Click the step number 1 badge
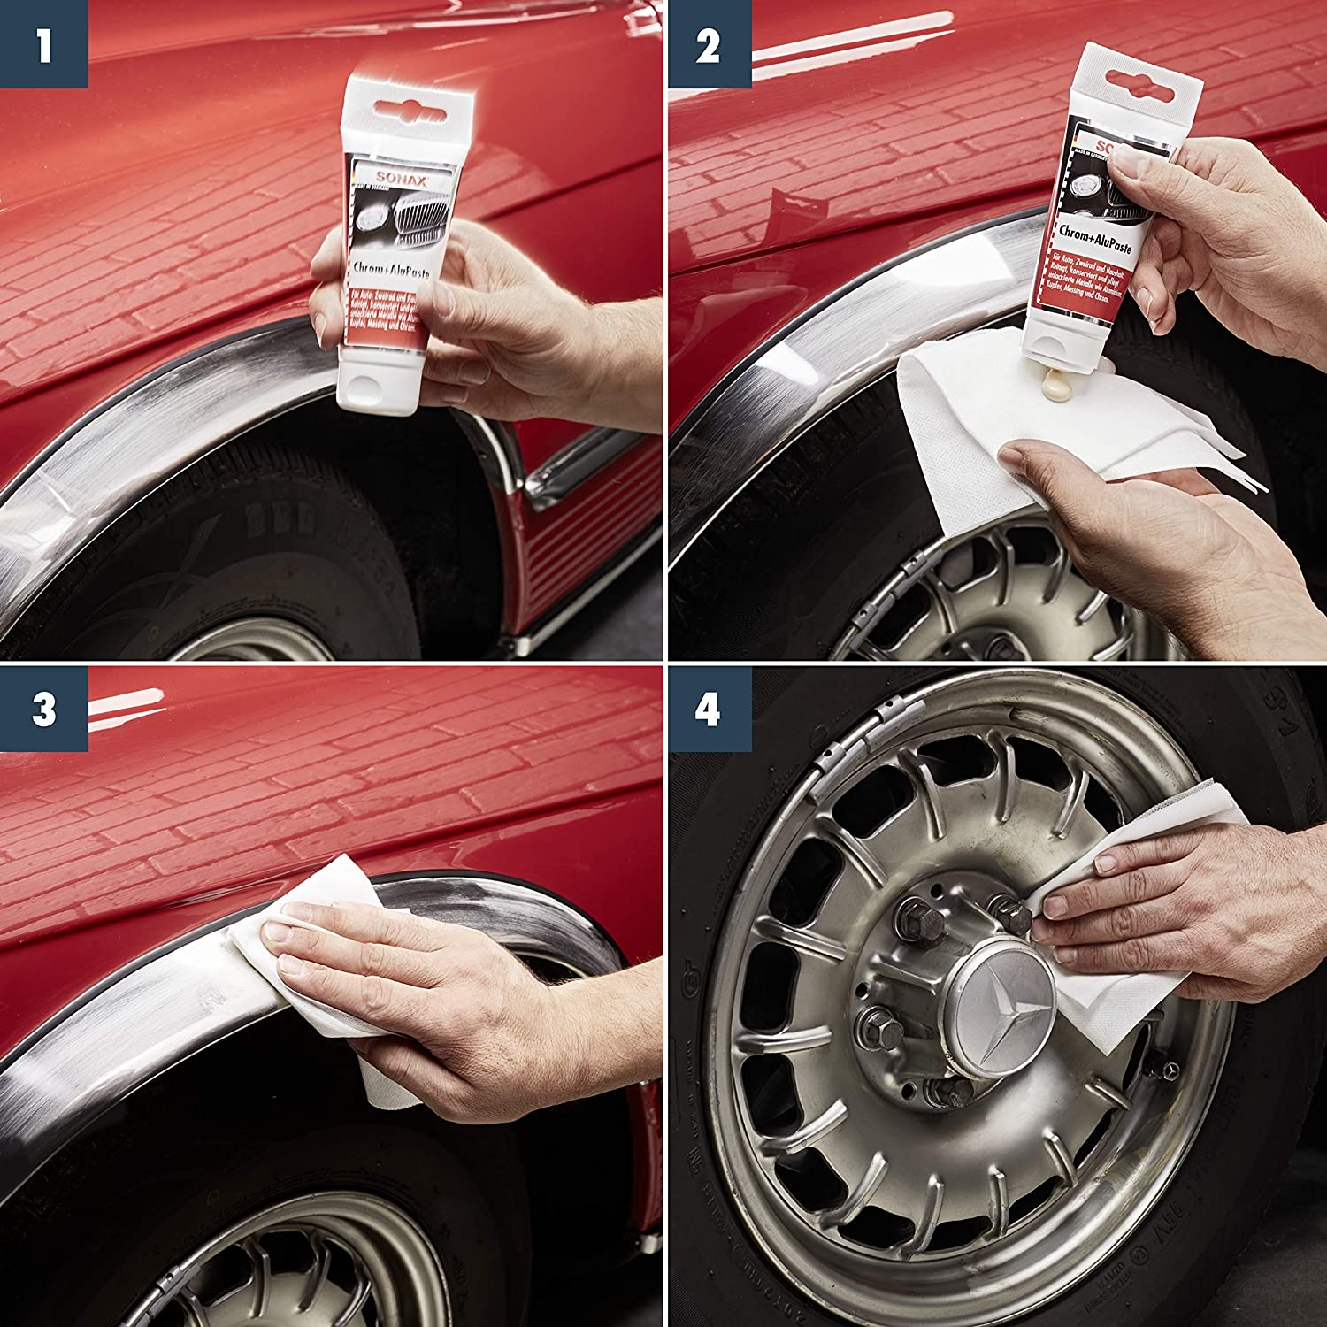43,44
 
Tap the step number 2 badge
708,44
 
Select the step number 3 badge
43,709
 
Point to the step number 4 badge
708,709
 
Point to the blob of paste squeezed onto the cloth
1059,386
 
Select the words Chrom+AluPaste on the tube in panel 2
1099,240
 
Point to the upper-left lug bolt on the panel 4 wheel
911,920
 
